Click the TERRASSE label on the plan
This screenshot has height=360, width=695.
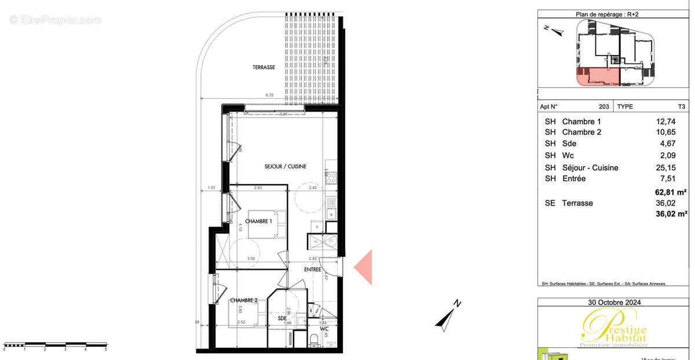pos(264,68)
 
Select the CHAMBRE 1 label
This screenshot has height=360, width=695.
pos(259,221)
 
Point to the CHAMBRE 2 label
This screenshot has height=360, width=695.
pos(244,300)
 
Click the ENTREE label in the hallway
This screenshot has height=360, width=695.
pos(313,270)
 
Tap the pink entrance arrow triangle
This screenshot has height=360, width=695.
pos(363,267)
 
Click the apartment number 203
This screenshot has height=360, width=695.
pos(603,106)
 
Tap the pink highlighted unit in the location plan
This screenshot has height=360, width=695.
pos(598,76)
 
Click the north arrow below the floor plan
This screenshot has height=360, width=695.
pos(449,316)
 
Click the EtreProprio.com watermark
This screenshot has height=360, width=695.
pos(56,20)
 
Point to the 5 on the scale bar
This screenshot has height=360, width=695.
pos(106,350)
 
